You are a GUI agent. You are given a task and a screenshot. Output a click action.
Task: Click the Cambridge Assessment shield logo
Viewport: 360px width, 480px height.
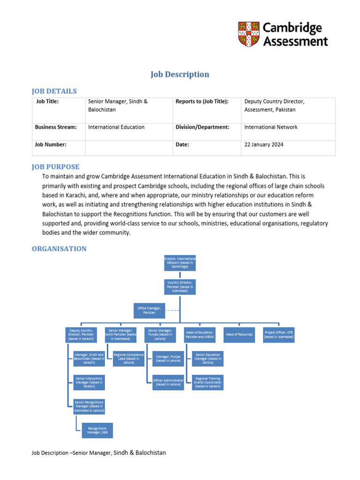[248, 34]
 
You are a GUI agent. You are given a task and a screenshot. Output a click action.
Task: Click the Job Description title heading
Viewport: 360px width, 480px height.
[180, 75]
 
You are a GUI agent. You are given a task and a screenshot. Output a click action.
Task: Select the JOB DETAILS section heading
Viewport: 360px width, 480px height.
[54, 91]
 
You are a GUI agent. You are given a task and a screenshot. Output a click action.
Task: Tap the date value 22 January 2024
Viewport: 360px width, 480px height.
[264, 145]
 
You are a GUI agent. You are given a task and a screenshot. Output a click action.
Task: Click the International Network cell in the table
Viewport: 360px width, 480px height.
[271, 127]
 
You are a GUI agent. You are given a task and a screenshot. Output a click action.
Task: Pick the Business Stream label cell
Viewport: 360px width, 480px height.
[55, 127]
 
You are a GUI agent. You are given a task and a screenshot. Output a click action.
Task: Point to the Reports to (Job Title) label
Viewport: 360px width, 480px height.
[202, 101]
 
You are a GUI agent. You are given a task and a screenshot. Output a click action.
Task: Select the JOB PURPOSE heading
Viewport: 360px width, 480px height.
[55, 167]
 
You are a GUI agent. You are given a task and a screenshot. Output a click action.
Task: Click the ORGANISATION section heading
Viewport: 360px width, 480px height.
[59, 249]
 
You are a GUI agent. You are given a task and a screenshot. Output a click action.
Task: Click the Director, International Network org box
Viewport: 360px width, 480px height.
[180, 263]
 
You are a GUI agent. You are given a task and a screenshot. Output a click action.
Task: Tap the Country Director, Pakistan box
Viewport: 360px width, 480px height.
[180, 286]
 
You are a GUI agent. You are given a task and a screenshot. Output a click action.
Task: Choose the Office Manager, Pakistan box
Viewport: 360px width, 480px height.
[149, 310]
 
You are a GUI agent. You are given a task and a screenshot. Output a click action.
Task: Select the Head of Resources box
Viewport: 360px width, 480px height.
[239, 335]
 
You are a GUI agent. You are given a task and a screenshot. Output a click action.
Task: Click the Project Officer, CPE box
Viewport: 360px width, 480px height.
[279, 335]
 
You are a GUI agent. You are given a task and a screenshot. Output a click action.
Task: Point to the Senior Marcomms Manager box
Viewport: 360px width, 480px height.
[89, 382]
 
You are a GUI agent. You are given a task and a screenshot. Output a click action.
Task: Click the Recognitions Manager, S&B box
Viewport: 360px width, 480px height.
[97, 430]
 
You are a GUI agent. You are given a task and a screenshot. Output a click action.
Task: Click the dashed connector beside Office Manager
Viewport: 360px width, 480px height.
[172, 310]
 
